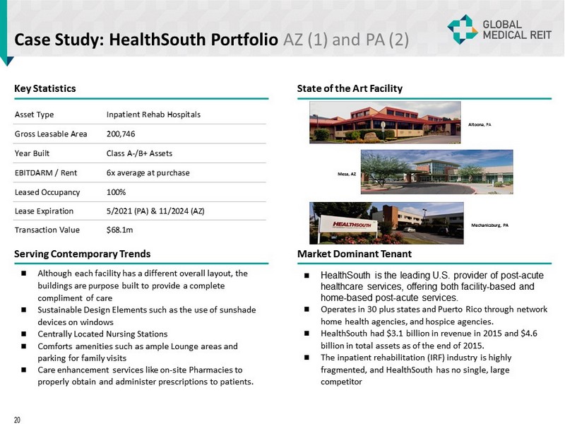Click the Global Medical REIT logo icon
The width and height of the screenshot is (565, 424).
click(463, 29)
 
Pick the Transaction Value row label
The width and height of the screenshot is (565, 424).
click(47, 230)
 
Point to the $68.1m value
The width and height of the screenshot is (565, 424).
click(119, 230)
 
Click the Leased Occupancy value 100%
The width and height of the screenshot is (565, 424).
click(116, 192)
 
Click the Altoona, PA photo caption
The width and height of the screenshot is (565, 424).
click(480, 124)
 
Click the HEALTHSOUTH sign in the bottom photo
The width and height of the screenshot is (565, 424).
click(345, 223)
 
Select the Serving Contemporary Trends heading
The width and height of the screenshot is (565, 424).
click(83, 253)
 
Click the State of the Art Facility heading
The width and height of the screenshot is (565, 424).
click(350, 88)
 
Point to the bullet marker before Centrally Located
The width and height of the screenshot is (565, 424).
click(24, 334)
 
